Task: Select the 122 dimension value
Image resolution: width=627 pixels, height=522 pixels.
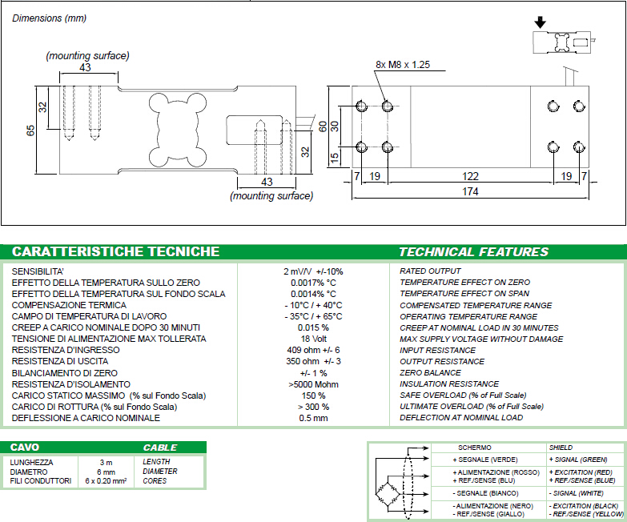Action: pos(471,176)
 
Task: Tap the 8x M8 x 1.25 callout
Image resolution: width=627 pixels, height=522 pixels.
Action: pos(404,64)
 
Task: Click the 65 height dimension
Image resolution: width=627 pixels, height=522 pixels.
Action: pos(31,130)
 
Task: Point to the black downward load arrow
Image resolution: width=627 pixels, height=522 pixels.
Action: pos(541,22)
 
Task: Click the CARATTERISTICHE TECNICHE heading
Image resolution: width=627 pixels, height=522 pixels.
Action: pos(116,251)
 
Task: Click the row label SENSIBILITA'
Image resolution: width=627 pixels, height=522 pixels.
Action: pos(38,271)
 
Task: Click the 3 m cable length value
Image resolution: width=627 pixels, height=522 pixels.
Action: pos(107,462)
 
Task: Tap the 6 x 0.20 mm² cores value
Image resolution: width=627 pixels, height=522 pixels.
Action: pos(107,481)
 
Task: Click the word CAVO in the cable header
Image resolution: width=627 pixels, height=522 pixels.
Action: pos(25,447)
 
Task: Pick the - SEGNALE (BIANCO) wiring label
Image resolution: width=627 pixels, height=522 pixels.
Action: pos(484,492)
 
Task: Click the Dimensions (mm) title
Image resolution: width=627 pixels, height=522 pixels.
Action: pos(48,18)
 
